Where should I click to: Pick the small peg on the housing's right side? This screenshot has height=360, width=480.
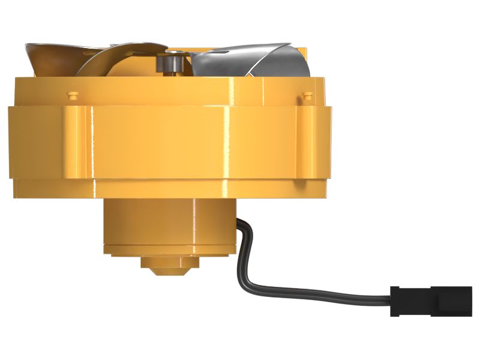pos(308,95)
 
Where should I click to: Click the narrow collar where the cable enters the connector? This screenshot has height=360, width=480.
pos(395,300)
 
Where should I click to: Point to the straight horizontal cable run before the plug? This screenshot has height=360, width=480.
pos(336,295)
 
